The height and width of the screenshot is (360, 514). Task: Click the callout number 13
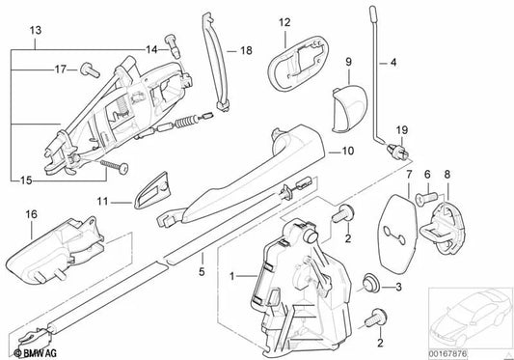click(x=36, y=31)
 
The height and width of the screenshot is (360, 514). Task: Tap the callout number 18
click(x=246, y=50)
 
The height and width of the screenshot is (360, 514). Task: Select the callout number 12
click(x=284, y=22)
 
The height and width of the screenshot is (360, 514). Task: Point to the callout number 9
click(x=348, y=62)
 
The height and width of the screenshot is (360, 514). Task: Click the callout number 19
click(x=402, y=130)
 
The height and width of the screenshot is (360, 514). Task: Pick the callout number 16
click(x=32, y=214)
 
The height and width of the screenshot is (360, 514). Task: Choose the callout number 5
click(x=202, y=271)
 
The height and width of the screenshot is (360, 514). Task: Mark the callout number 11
click(x=102, y=201)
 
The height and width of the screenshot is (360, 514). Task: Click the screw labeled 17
click(x=90, y=69)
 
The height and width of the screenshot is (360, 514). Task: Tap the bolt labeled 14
click(x=174, y=46)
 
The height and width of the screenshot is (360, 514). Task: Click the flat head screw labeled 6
click(x=427, y=197)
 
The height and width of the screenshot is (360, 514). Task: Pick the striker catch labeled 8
click(x=443, y=228)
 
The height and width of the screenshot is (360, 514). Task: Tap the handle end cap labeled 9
click(x=349, y=109)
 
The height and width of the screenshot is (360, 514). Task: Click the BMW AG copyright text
click(x=35, y=353)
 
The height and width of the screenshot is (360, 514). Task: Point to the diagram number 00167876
click(x=447, y=354)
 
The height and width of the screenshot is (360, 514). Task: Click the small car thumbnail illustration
click(x=471, y=317)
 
